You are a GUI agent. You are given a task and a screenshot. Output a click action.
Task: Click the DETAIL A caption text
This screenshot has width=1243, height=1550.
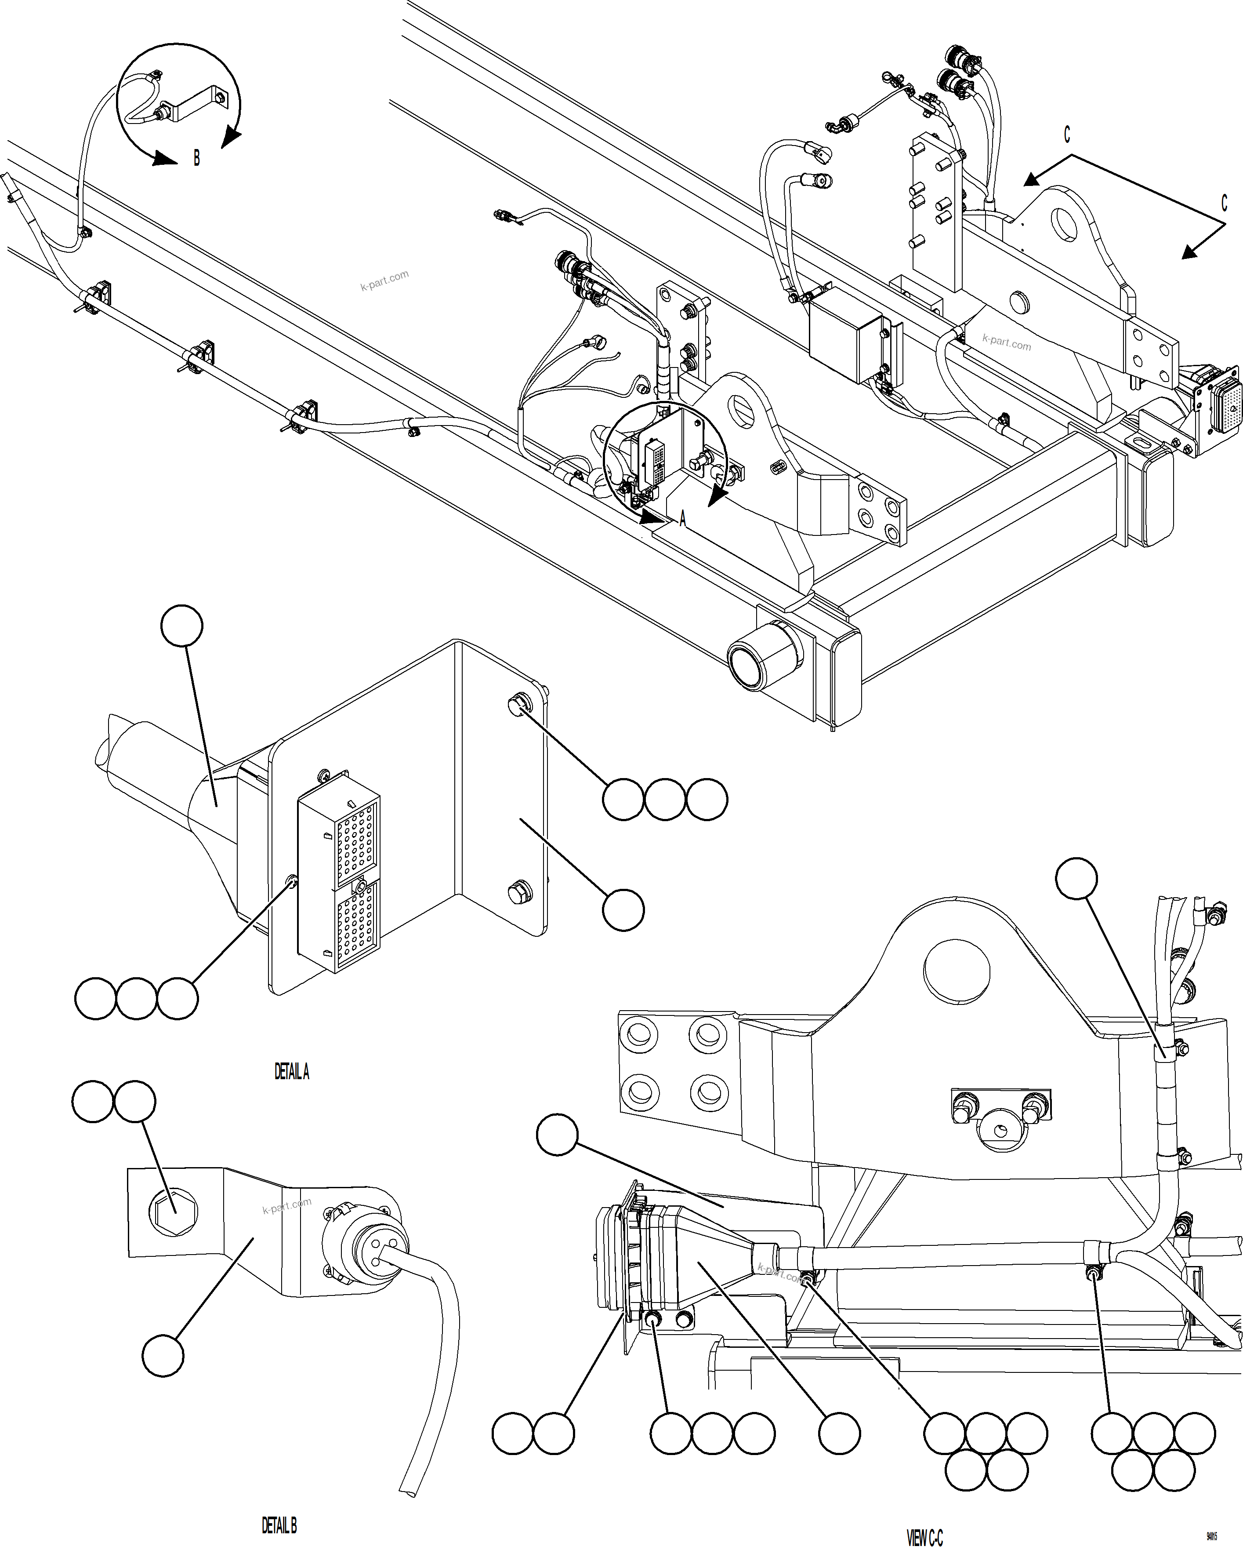tap(292, 1072)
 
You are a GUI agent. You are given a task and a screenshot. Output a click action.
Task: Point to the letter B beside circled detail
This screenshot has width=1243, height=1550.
tap(197, 157)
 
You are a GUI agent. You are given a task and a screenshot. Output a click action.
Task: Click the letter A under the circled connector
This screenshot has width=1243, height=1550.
tap(682, 518)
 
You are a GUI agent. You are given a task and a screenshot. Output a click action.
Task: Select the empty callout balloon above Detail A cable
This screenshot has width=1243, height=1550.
tap(182, 626)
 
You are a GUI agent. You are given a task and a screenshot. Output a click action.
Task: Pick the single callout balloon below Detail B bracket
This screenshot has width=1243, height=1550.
tap(163, 1356)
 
